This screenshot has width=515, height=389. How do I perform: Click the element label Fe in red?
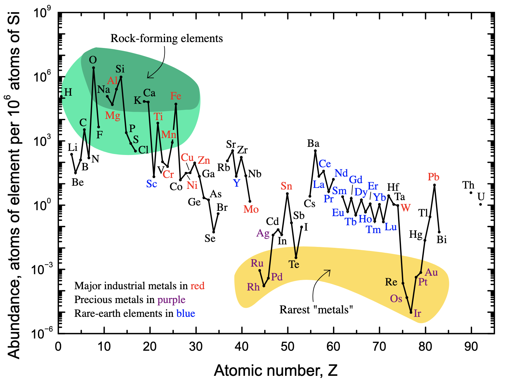tap(176, 96)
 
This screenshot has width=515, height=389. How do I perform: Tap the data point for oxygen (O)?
tap(93, 68)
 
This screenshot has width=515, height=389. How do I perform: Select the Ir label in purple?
tap(417, 313)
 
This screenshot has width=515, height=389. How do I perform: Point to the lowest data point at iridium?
tap(411, 312)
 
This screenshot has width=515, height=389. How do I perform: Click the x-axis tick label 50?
tap(288, 346)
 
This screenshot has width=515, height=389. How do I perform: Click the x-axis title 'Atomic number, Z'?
tap(276, 370)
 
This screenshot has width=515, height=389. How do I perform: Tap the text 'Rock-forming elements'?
tap(167, 39)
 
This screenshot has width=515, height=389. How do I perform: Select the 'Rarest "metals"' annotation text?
tap(316, 310)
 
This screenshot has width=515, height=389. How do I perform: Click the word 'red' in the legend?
tap(197, 286)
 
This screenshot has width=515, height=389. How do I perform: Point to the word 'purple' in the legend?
tap(171, 300)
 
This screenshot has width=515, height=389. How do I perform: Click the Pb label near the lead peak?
tap(434, 177)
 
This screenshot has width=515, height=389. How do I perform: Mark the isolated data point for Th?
tap(471, 193)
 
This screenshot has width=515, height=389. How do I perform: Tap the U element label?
tap(481, 197)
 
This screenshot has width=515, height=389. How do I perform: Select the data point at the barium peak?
tap(315, 151)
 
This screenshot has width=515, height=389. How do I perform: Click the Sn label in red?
tap(286, 186)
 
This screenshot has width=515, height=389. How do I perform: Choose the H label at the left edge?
tap(68, 92)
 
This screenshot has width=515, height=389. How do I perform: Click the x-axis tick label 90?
tap(471, 346)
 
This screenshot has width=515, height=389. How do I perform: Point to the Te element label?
tap(294, 265)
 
